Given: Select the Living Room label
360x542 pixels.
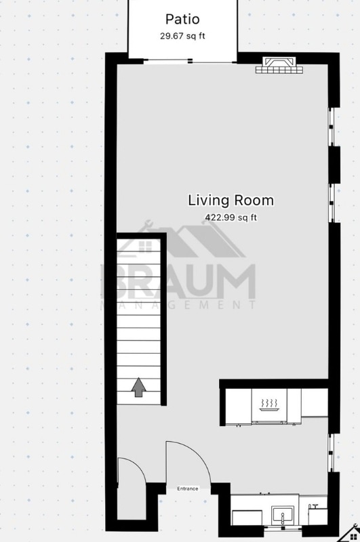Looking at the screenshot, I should point(231,201).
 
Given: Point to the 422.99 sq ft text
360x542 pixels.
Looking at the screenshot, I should point(231,217).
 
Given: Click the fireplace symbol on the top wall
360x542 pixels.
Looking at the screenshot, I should point(279,66).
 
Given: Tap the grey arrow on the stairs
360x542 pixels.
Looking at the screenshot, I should point(138,388).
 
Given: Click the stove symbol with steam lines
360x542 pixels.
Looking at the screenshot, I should point(270,405).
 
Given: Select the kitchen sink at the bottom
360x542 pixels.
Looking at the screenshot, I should point(281,517).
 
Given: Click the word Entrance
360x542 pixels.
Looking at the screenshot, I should point(188,488).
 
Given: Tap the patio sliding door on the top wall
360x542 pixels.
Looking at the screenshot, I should point(190,62).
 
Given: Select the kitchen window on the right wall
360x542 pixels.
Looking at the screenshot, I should point(332,454).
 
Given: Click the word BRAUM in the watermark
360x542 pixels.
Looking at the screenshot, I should point(178,281).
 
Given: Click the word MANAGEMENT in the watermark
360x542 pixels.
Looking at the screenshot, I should point(178,306).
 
